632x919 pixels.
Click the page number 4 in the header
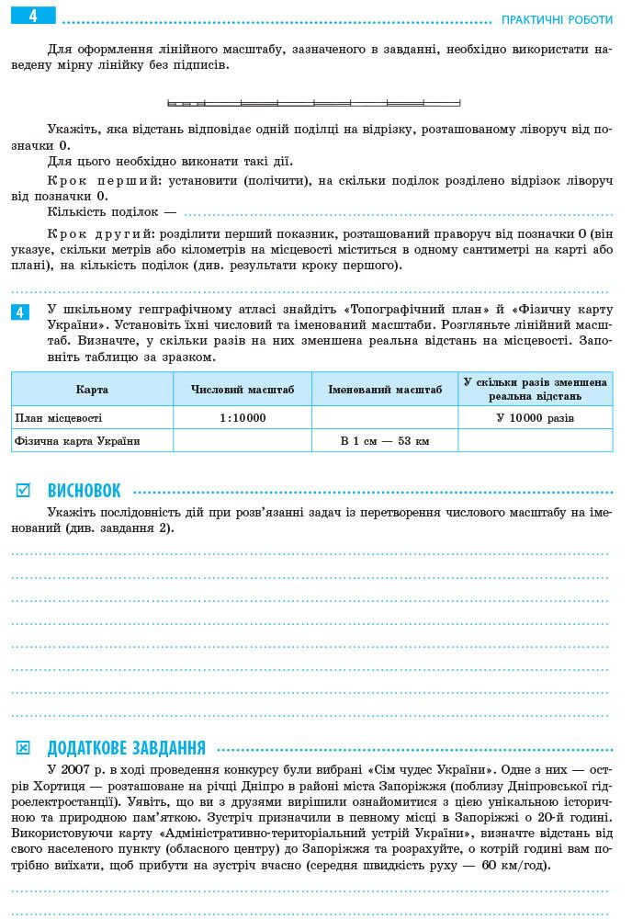tap(33, 16)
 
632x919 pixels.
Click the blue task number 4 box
tap(21, 312)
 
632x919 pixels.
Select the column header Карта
tap(92, 390)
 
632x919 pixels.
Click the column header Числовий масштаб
tap(243, 390)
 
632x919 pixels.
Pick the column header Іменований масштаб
tap(385, 390)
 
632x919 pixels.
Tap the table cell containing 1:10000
tap(243, 417)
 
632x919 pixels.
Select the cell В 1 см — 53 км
tap(385, 441)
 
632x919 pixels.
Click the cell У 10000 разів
tap(535, 417)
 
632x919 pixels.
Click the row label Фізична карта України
tap(77, 441)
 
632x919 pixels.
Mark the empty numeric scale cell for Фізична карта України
tap(243, 441)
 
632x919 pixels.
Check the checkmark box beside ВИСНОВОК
tap(23, 491)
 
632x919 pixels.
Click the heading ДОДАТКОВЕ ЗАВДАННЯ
tap(126, 748)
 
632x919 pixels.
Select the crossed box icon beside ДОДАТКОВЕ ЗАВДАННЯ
tap(23, 748)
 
